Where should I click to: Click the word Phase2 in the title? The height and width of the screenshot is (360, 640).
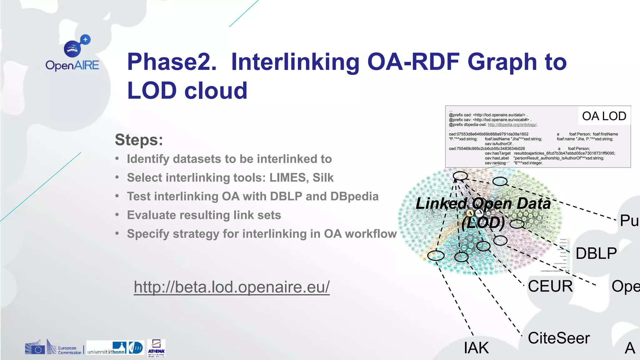(172, 62)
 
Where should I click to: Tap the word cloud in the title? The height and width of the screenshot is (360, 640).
(216, 91)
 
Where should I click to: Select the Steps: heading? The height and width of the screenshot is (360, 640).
(139, 140)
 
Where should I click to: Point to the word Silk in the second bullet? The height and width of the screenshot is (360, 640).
(323, 177)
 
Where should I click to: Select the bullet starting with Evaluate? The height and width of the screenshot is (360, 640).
(204, 215)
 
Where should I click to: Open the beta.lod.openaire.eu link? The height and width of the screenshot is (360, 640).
(232, 287)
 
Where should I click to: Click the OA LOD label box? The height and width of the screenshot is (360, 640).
(604, 116)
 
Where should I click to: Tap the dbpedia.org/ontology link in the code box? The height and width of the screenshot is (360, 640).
(512, 125)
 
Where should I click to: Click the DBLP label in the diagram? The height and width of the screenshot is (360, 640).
(596, 253)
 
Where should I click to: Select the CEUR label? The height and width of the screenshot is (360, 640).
(550, 286)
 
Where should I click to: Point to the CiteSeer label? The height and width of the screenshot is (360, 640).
(558, 338)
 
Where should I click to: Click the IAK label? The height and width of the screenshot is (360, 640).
(476, 348)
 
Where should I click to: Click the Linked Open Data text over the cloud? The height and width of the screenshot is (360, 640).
(483, 204)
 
